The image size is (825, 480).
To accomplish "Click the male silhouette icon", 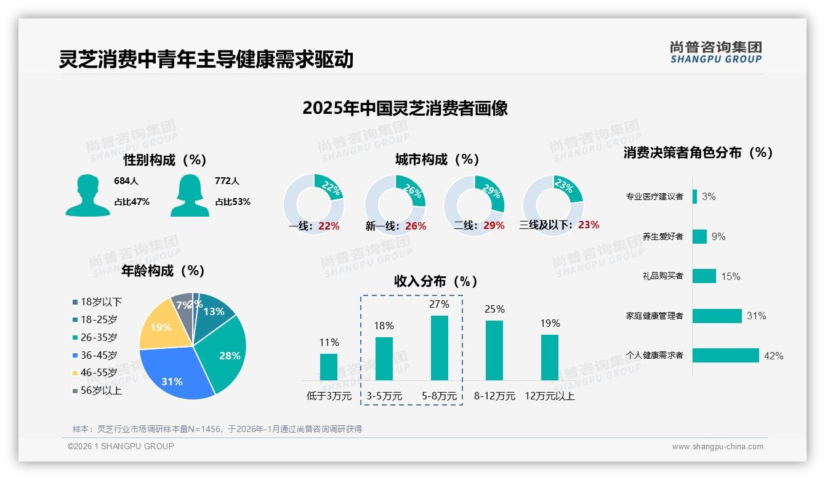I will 87,196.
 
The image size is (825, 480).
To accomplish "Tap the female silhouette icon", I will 190,196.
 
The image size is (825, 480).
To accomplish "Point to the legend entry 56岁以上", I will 97,390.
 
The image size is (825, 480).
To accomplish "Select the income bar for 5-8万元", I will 439,348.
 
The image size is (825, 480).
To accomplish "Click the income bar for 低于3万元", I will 329,367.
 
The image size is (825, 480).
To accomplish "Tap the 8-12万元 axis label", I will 494,396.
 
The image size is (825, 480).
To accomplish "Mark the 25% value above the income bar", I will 494,309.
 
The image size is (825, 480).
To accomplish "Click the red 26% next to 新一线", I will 416,226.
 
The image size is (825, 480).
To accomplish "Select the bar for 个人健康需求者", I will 725,356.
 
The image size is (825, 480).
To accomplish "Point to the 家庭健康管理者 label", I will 654,316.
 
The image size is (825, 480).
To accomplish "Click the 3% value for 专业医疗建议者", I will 709,197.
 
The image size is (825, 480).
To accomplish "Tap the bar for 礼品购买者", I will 704,276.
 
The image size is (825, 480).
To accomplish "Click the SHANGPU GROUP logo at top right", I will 715,52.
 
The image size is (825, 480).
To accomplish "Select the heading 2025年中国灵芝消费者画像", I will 405,108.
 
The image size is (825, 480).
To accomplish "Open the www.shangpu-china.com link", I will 717,447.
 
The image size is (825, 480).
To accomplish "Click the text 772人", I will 227,181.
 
